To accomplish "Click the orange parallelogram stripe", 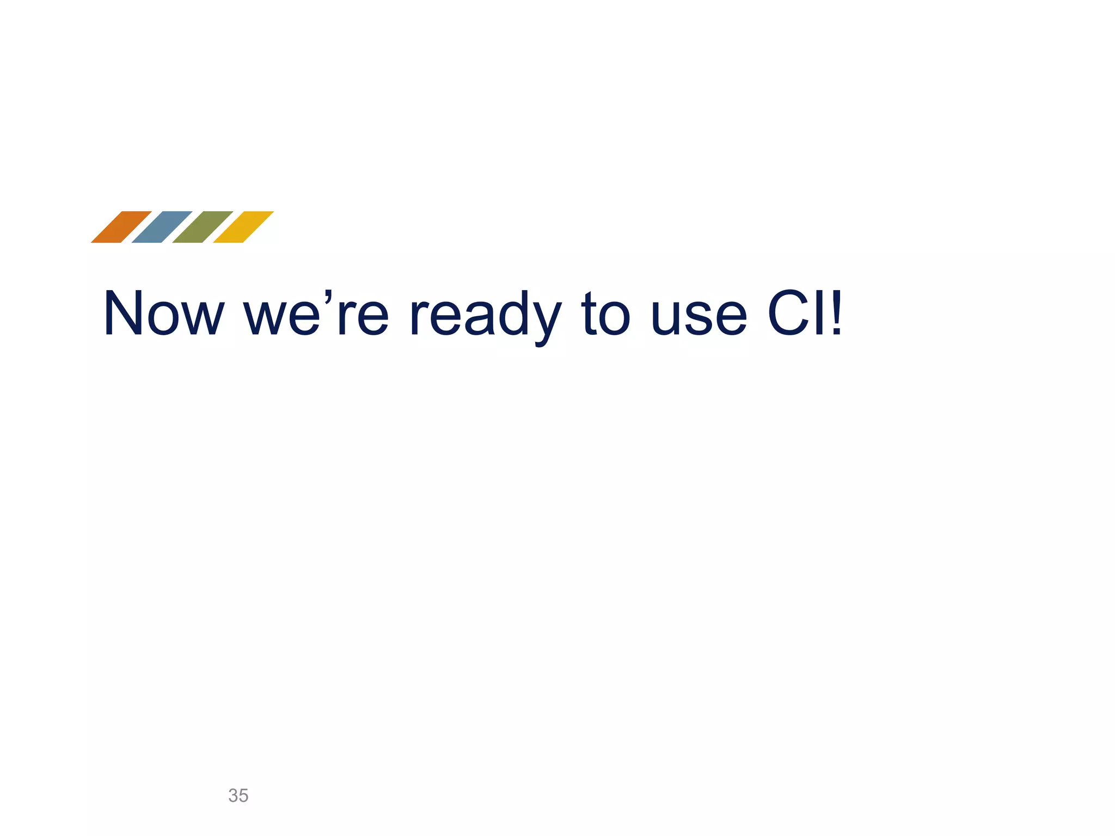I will (x=121, y=227).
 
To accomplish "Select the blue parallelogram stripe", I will (x=162, y=227).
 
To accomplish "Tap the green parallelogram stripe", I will (x=203, y=227).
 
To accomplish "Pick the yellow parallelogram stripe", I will (x=243, y=227).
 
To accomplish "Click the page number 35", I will (x=238, y=796).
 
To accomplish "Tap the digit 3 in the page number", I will (x=234, y=796).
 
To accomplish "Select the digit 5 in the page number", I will (x=243, y=796).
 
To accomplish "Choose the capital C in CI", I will (x=789, y=314).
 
